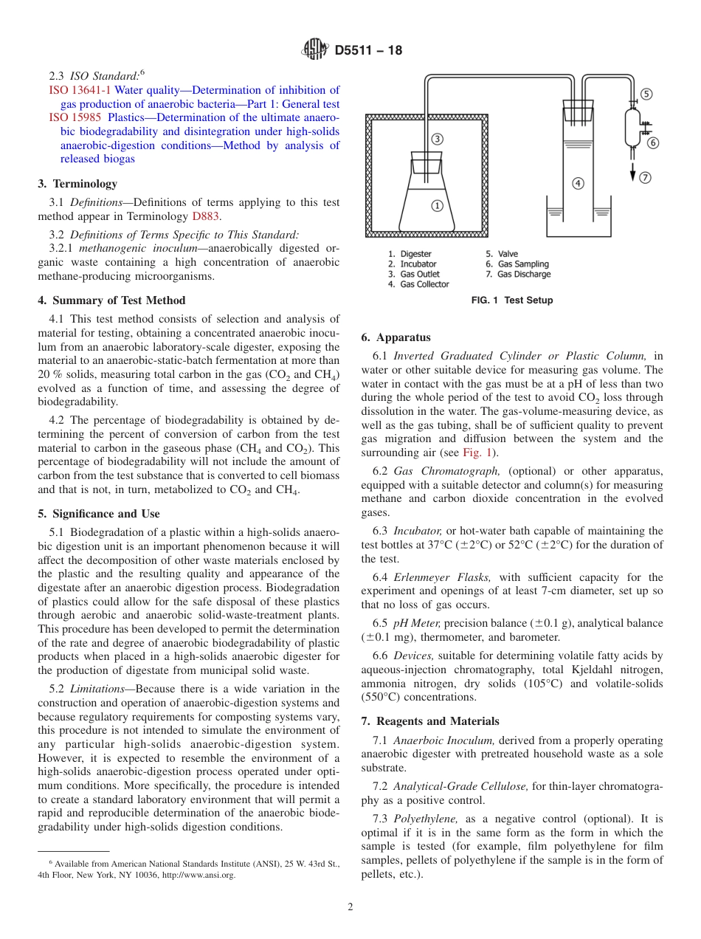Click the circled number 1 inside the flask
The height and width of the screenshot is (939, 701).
coord(437,206)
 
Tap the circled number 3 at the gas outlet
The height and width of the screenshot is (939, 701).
coord(438,139)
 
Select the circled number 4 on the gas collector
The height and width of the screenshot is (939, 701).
coord(578,183)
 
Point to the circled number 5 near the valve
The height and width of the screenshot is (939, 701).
coord(646,94)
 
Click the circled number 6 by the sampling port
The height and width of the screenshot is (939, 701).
coord(653,142)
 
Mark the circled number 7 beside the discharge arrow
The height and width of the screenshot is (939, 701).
coord(646,177)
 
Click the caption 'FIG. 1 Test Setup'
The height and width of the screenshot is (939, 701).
coord(512,300)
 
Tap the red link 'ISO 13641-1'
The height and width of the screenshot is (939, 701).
coord(79,91)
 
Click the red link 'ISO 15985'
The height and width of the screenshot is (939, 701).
coord(75,117)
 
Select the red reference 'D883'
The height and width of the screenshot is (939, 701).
coord(206,216)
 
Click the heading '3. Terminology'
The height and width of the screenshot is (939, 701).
coord(77,184)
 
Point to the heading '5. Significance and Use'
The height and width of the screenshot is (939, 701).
coord(99,514)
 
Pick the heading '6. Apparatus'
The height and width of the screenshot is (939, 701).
coord(396,337)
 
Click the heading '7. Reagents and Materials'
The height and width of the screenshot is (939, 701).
coord(430,721)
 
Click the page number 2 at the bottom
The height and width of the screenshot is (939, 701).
coord(350,907)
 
